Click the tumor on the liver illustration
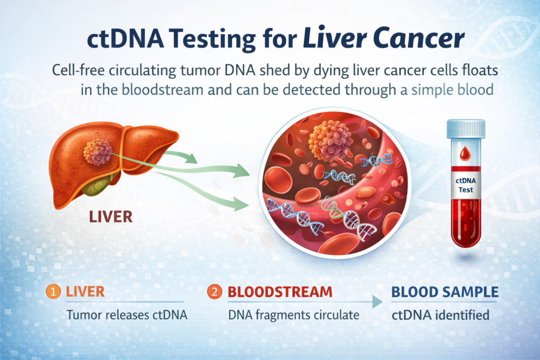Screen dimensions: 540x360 [x=98, y=152]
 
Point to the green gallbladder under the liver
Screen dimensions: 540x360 [x=98, y=185]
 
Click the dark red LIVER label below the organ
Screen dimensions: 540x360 [x=111, y=217]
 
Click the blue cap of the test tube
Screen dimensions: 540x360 [x=466, y=129]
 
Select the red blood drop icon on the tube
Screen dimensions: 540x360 [x=465, y=153]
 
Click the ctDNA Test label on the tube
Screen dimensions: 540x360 [x=466, y=185]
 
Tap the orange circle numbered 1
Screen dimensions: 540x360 [x=53, y=292]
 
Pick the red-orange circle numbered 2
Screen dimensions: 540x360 [x=214, y=292]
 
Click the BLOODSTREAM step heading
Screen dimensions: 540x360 [x=280, y=292]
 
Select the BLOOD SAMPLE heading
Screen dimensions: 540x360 [x=445, y=292]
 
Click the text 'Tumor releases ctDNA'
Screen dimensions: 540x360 [x=127, y=315]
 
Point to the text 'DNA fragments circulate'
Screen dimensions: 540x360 [x=294, y=315]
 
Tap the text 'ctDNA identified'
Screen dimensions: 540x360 [x=440, y=315]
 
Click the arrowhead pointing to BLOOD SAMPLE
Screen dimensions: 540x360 [x=377, y=302]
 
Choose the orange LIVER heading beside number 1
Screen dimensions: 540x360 [x=85, y=292]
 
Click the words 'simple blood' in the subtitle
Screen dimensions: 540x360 [x=452, y=90]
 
